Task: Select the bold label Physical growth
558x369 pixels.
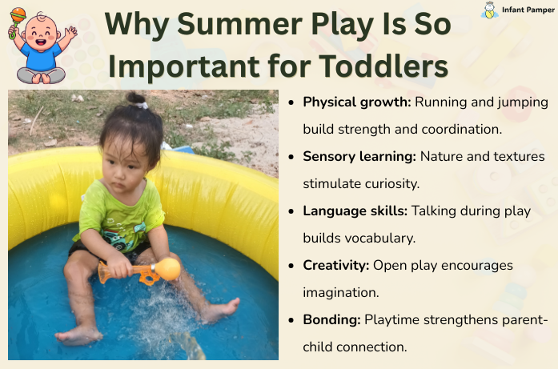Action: coord(356,102)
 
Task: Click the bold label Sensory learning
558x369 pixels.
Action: coord(359,156)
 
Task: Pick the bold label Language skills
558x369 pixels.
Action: coord(355,211)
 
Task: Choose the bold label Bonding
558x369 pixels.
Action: coord(331,319)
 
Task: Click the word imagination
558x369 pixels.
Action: coord(340,292)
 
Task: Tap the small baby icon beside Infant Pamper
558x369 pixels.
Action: coord(489,10)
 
